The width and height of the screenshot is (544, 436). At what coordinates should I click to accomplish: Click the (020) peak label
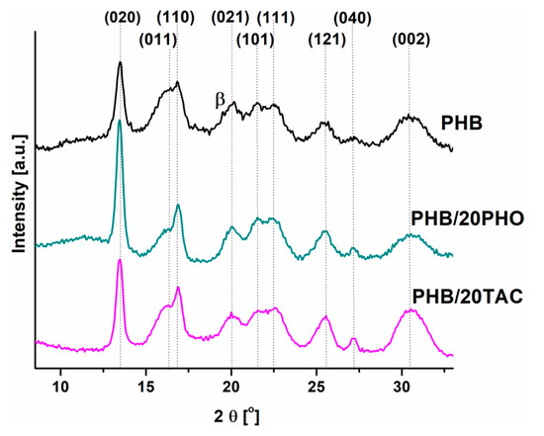click(121, 17)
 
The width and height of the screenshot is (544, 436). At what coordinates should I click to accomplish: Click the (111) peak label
click(276, 17)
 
